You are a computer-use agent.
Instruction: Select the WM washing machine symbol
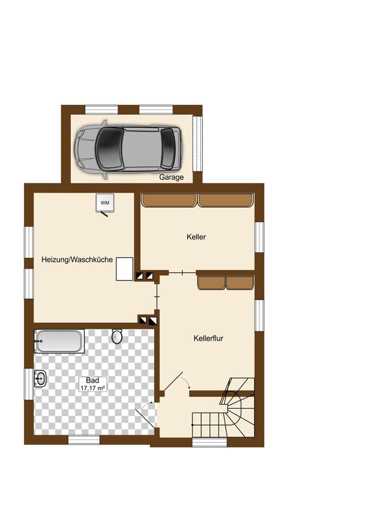105,203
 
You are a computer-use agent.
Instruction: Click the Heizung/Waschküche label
77,260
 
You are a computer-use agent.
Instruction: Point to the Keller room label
196,237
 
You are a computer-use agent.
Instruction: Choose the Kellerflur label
209,337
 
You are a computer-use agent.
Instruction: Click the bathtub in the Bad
59,341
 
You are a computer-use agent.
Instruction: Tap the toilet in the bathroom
117,336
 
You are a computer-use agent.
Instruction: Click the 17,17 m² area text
92,388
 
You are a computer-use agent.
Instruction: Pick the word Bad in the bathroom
92,380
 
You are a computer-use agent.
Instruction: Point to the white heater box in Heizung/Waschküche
125,269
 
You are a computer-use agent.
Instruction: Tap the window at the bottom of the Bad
84,440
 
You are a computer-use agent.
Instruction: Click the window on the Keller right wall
260,237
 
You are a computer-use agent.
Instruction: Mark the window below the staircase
209,442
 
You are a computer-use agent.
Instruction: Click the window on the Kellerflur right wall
260,315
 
